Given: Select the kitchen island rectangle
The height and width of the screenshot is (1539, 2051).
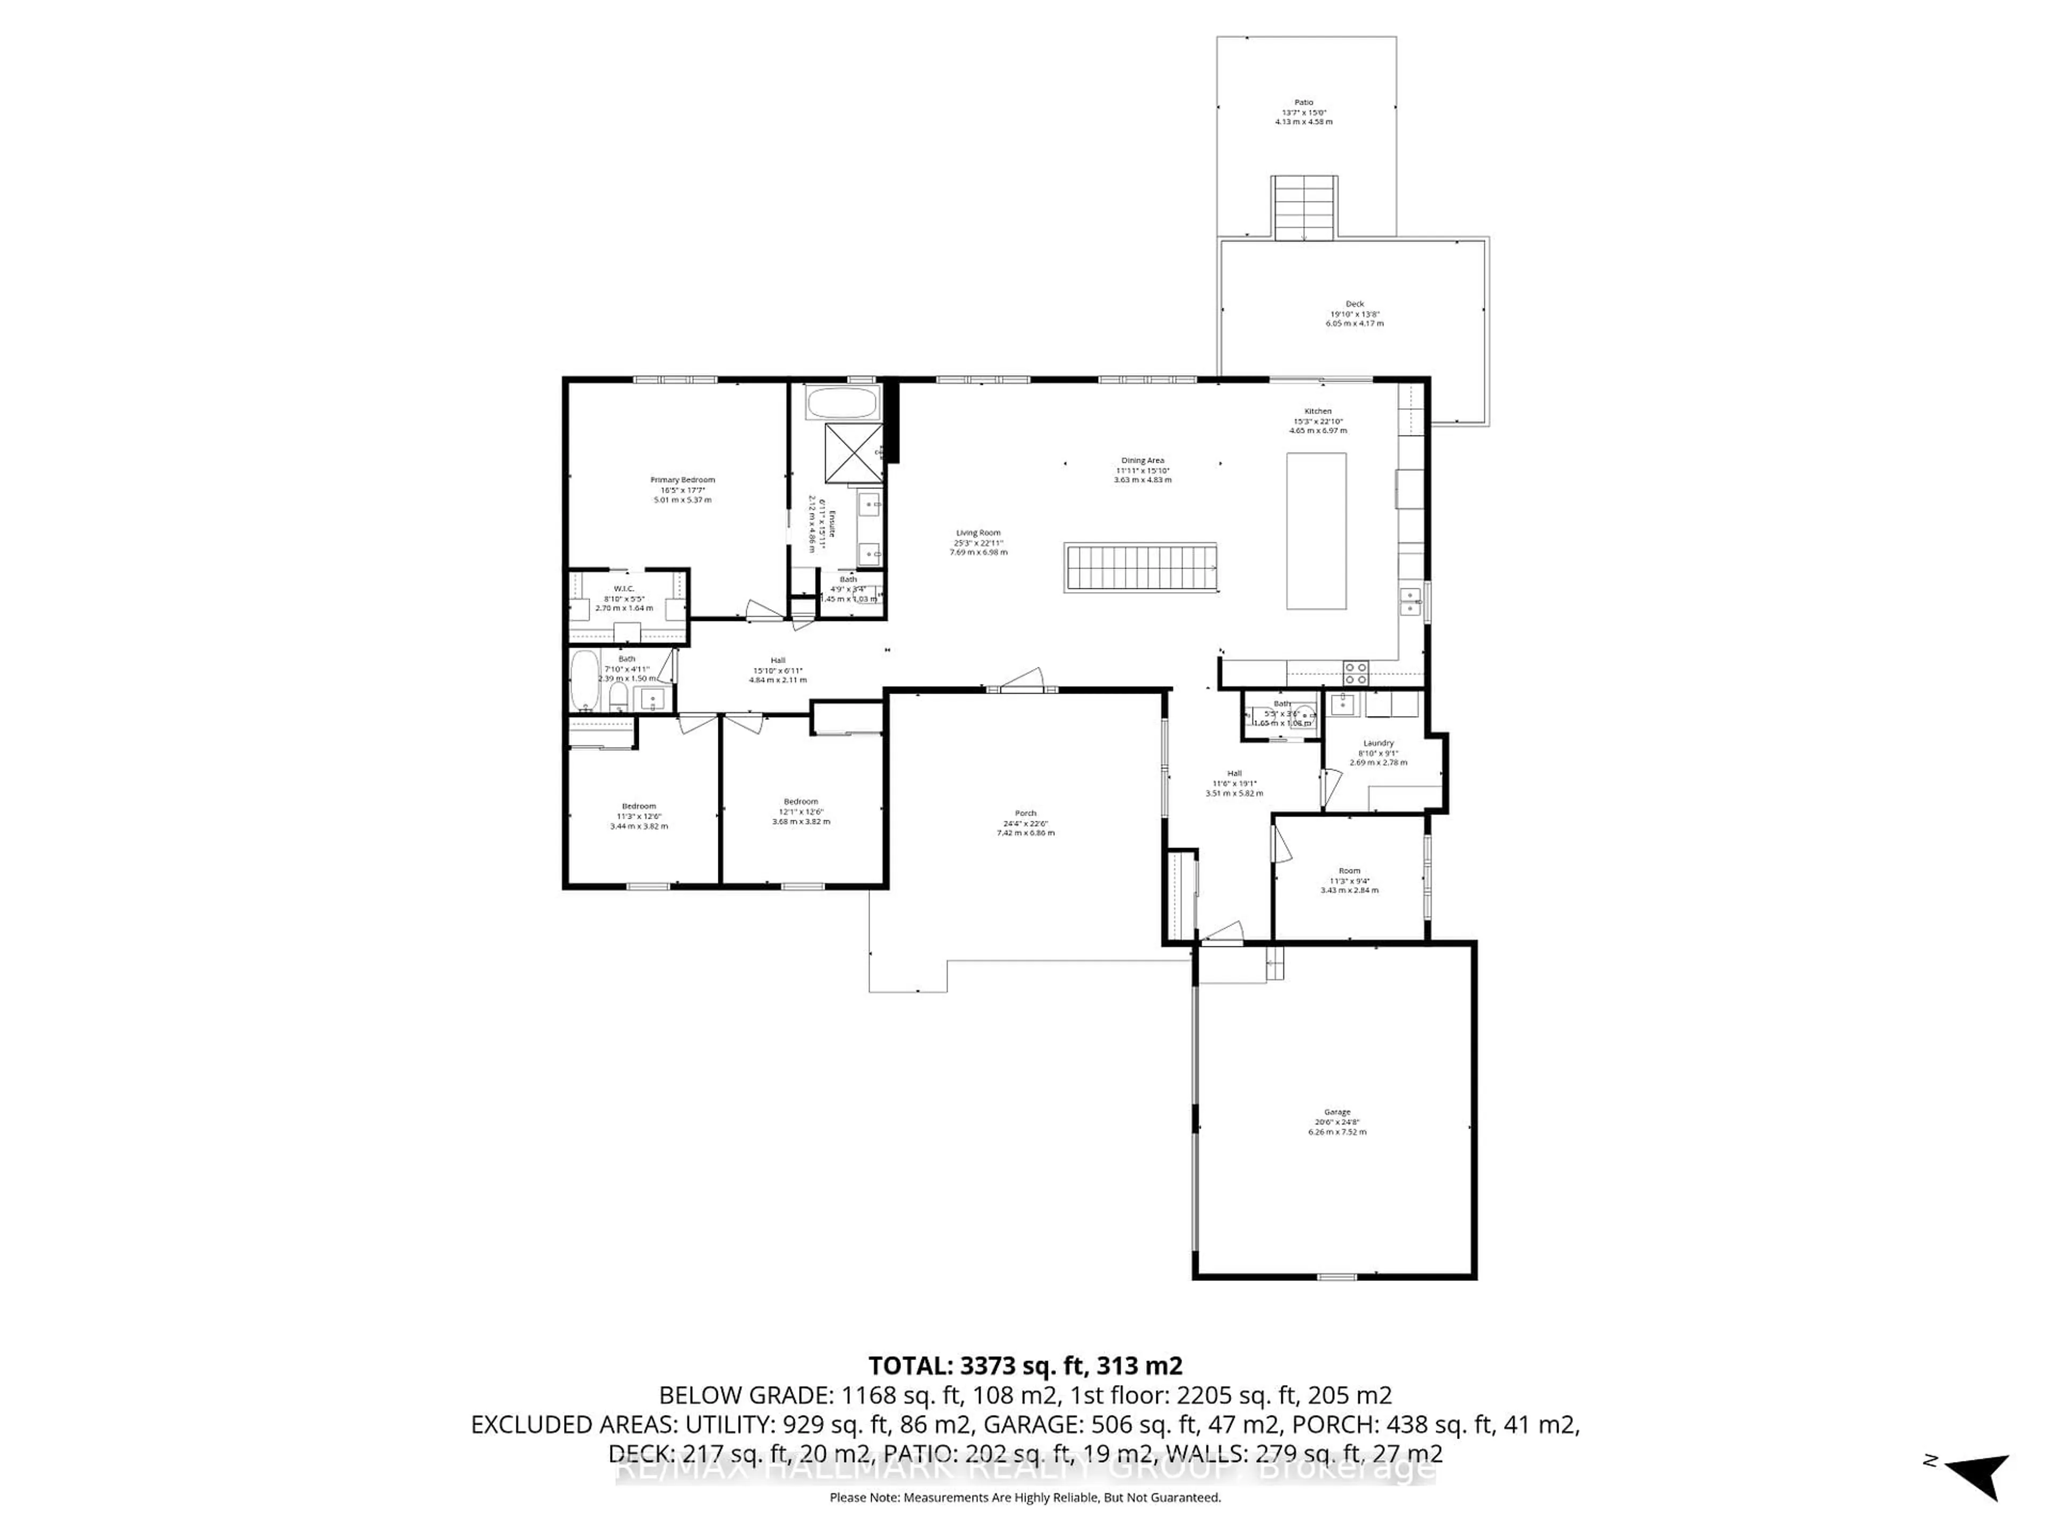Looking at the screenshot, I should [1316, 531].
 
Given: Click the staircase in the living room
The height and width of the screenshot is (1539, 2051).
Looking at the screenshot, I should [1140, 567].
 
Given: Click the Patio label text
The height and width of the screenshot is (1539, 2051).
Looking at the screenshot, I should [1304, 103].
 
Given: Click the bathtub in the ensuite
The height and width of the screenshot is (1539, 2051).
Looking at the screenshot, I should [841, 403].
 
